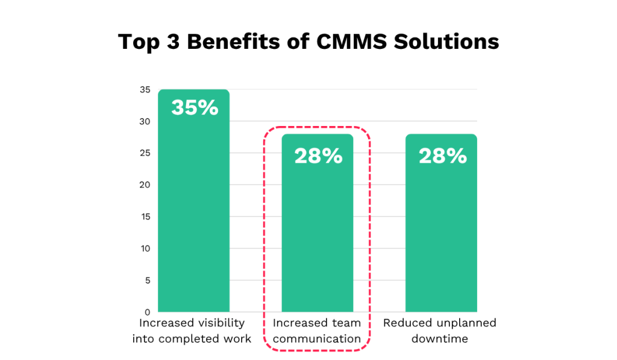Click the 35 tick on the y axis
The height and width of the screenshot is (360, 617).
point(145,90)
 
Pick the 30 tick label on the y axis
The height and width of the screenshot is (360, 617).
point(145,122)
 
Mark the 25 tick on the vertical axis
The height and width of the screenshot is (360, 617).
point(145,153)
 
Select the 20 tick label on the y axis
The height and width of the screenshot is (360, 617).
point(145,185)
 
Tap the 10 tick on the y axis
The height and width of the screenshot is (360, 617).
point(145,248)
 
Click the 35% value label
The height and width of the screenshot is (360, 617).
point(194,108)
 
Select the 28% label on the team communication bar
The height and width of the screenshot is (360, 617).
point(318,156)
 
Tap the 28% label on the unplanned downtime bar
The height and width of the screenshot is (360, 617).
point(442,156)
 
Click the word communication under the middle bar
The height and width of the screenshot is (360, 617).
point(317,339)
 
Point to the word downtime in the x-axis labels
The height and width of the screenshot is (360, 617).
point(440,339)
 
